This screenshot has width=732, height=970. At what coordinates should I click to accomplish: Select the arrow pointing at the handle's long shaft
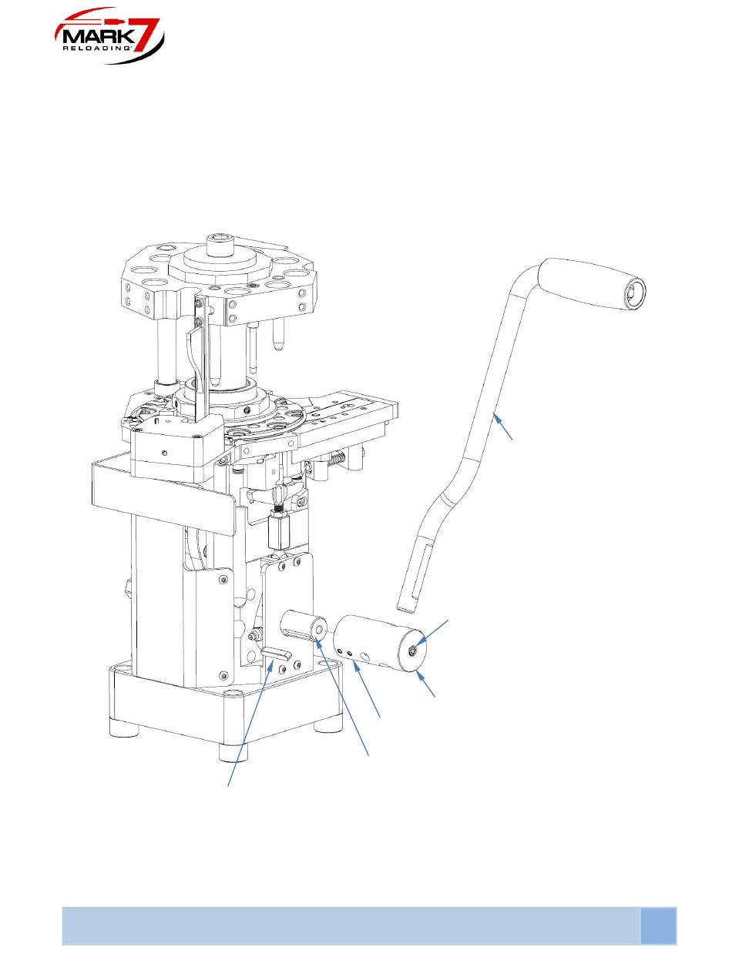tap(503, 426)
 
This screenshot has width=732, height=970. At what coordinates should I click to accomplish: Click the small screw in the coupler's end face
tap(411, 649)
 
